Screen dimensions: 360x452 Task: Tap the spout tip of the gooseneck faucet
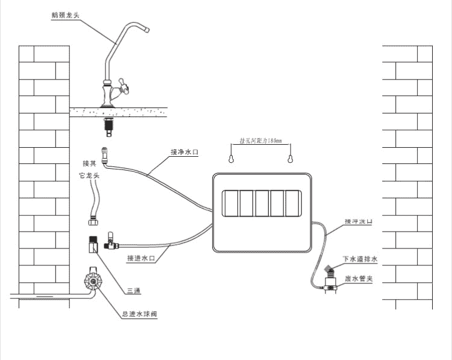click(146, 29)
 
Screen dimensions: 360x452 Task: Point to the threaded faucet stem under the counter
click(108, 125)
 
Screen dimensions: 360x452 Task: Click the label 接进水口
click(142, 259)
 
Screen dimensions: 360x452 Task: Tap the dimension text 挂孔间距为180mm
click(261, 141)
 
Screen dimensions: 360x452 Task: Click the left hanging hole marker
click(231, 159)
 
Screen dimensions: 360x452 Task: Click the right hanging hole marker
click(290, 159)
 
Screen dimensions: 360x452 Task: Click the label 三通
click(134, 291)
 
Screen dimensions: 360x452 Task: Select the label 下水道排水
click(360, 259)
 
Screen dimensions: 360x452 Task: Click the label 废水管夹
click(360, 279)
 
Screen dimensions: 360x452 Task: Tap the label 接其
click(89, 163)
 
